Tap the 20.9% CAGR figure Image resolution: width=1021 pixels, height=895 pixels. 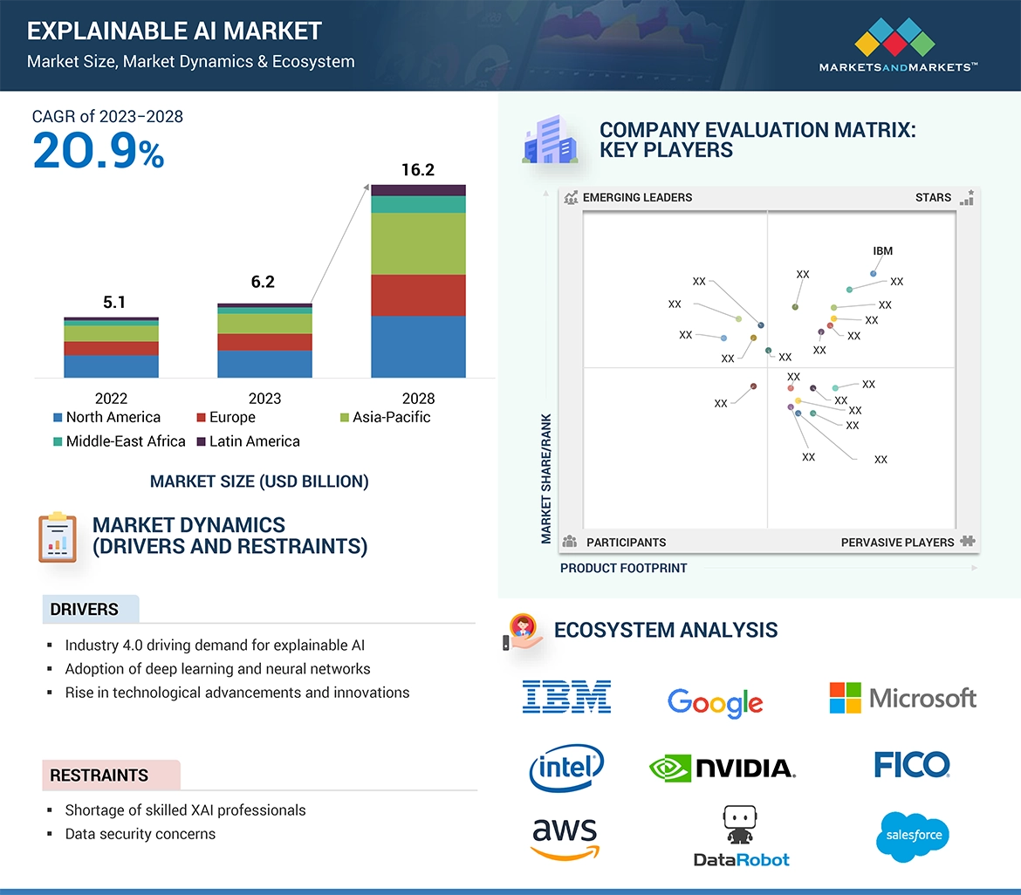point(98,150)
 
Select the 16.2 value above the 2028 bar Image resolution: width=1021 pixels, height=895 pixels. point(418,170)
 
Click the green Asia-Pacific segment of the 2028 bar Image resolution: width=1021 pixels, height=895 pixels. point(418,243)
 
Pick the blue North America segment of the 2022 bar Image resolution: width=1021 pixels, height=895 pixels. point(111,366)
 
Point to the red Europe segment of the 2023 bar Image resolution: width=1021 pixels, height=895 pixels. point(264,342)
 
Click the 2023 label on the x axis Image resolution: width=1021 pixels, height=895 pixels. point(264,398)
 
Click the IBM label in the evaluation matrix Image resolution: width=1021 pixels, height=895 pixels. point(882,251)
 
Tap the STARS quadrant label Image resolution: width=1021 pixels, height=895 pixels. point(933,197)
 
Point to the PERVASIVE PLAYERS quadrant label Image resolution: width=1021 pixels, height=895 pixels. point(897,542)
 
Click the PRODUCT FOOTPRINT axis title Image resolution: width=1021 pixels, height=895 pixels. point(623,568)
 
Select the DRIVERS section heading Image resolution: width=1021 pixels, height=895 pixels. point(85,609)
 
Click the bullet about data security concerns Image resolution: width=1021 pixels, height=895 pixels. point(140,834)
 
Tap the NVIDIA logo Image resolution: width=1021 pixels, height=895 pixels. point(723,768)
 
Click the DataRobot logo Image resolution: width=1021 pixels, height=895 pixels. point(741,837)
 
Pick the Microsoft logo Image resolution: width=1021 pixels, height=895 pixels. point(902,698)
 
